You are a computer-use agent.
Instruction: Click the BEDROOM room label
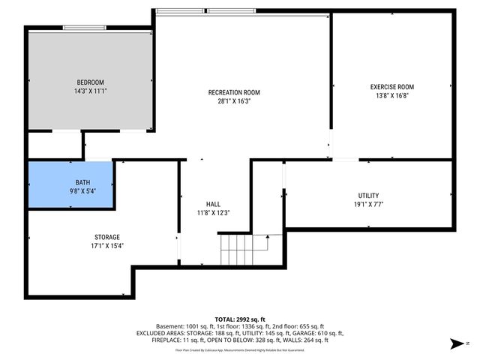click(x=90, y=82)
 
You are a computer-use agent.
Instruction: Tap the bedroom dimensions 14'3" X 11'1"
click(x=90, y=91)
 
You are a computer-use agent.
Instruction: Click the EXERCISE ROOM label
click(x=391, y=87)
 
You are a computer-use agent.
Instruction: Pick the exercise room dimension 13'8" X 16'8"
click(x=391, y=96)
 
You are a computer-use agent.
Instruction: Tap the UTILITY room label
click(x=368, y=196)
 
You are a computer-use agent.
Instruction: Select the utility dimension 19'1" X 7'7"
click(x=368, y=204)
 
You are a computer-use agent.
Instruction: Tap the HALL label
click(x=213, y=204)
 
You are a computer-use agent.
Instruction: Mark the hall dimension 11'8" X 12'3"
click(x=213, y=213)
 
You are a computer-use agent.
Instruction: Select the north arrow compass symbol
click(x=455, y=344)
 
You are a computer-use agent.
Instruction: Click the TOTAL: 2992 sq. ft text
click(x=239, y=319)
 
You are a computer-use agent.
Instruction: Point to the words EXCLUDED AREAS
click(x=158, y=334)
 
